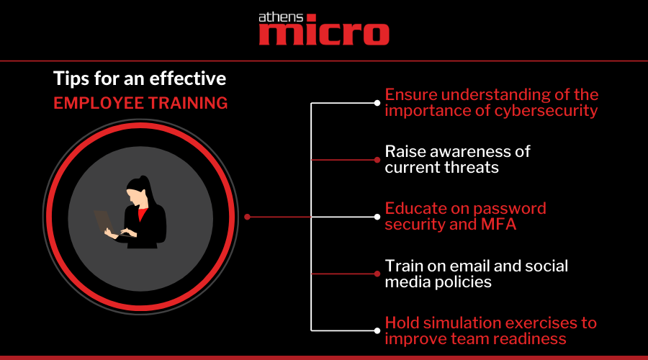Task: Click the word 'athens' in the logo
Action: pos(281,17)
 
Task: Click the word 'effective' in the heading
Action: pos(188,78)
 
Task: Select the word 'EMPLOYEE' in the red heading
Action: pos(98,103)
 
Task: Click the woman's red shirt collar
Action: pos(142,214)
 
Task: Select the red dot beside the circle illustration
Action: pos(247,217)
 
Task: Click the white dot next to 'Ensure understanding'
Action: pos(377,103)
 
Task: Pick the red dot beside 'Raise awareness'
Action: pos(377,160)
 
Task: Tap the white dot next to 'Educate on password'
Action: pos(377,217)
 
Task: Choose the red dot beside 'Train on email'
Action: pos(377,274)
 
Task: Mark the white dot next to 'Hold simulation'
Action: pos(377,330)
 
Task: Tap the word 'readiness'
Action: pos(530,339)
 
